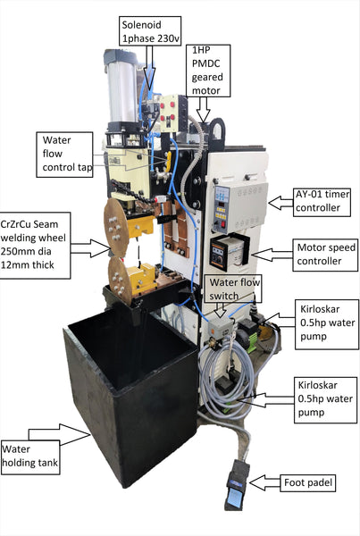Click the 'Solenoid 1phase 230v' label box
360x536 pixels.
tap(150, 30)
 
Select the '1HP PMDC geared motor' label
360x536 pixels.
tap(208, 71)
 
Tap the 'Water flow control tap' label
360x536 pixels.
tap(64, 155)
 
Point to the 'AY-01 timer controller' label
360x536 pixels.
tap(322, 202)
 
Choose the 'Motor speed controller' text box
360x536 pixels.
tap(325, 255)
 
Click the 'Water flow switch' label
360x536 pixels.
tap(233, 289)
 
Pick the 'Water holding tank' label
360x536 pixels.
tap(30, 457)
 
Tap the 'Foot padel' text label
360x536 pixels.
tap(307, 483)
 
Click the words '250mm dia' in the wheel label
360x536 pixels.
tap(26, 252)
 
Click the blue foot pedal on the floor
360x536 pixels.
tap(236, 485)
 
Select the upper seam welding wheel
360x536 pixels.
tap(116, 227)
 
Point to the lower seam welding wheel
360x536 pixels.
tap(120, 281)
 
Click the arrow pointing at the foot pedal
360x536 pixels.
tap(264, 482)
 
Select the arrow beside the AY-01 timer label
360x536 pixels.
tap(280, 203)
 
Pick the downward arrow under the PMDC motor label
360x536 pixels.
tap(204, 109)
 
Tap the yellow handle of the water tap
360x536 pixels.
tap(168, 162)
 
